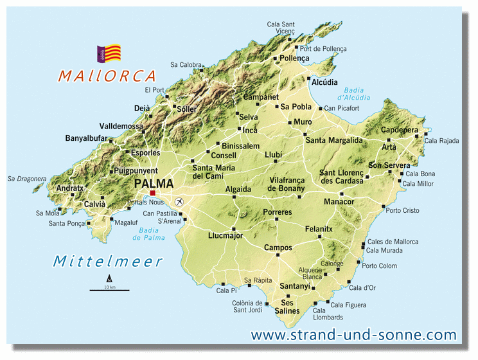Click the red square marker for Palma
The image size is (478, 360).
coord(153,194)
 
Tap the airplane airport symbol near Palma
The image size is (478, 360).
coord(179,202)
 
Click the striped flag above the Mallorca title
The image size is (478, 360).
coord(109,53)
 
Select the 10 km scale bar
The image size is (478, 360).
coord(109,291)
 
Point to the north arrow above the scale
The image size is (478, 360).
coord(109,278)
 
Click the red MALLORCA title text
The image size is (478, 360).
coord(107,75)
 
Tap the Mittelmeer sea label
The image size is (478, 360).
coord(107,261)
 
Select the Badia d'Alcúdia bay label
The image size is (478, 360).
coord(348,94)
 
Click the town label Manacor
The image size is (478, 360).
coord(339,202)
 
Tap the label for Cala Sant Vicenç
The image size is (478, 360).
coord(280,28)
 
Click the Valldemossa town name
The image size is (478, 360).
coord(121,126)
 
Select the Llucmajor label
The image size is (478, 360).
coord(227,236)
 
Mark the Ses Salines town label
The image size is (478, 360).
coord(287,307)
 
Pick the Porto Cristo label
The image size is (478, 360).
coord(402,211)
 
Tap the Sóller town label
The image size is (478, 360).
coord(186,109)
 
